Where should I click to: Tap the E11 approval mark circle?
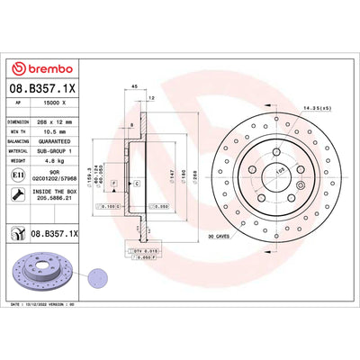pos(19,178)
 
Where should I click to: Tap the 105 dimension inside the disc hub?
pos(254,168)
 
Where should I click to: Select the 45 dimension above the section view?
pos(134,86)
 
